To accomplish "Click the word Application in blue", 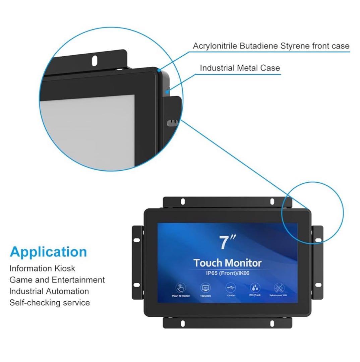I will pos(48,252).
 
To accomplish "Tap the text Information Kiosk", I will pos(42,268).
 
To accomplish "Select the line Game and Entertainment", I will pos(57,280).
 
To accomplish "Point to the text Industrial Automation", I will pos(49,291).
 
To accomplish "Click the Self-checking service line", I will pos(50,303).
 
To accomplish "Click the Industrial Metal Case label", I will pos(240,68).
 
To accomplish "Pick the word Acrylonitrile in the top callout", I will pos(214,46).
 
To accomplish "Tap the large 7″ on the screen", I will pos(228,242).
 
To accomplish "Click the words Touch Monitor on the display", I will pos(228,262).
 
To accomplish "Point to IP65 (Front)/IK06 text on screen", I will pos(228,273).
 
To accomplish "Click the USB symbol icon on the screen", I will pos(231,288).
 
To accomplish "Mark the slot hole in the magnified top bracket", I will pos(95,60).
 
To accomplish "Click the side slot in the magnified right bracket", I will pos(172,122).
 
